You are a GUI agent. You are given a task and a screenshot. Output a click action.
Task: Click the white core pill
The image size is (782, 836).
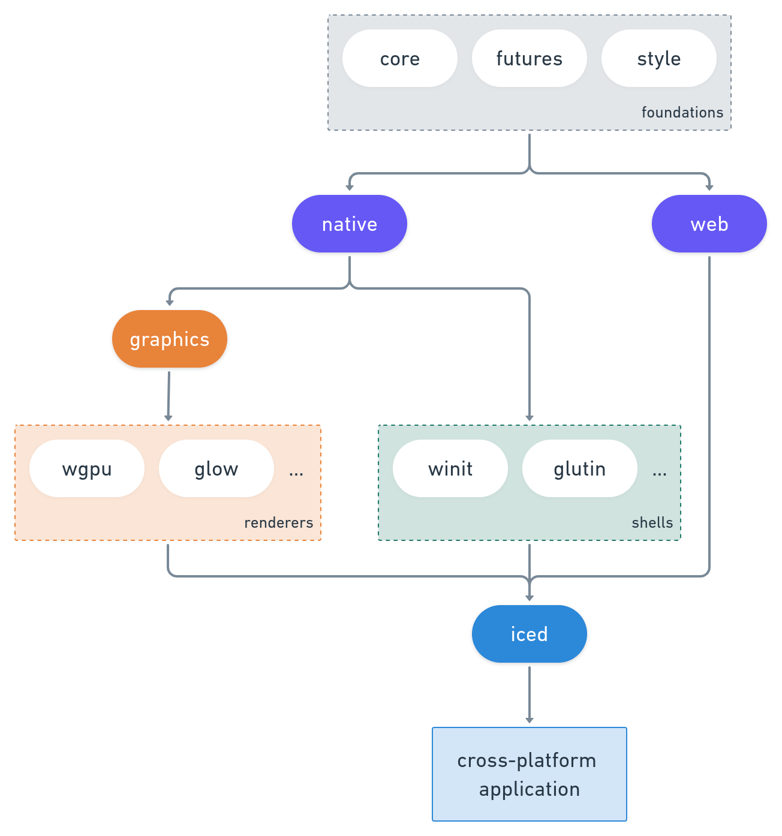pyautogui.click(x=399, y=58)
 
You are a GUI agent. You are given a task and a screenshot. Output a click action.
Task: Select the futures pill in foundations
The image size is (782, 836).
pyautogui.click(x=529, y=58)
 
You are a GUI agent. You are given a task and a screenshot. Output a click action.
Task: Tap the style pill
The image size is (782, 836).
pyautogui.click(x=658, y=58)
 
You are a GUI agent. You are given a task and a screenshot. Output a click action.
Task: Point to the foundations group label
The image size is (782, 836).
pyautogui.click(x=682, y=112)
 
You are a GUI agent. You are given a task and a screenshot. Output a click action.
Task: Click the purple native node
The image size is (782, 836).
pyautogui.click(x=349, y=224)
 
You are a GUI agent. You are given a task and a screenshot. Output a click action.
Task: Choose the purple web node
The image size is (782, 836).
pyautogui.click(x=709, y=224)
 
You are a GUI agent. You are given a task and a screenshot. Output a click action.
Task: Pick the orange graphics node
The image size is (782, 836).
pyautogui.click(x=169, y=339)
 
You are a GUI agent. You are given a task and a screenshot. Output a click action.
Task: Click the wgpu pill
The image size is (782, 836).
pyautogui.click(x=86, y=468)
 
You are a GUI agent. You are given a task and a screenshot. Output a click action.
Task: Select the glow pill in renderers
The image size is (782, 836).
pyautogui.click(x=216, y=468)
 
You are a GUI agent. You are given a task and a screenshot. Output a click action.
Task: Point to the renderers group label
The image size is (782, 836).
pyautogui.click(x=278, y=522)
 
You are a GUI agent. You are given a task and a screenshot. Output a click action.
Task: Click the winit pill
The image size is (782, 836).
pyautogui.click(x=450, y=468)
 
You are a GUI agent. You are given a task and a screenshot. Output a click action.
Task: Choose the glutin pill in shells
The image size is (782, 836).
pyautogui.click(x=579, y=468)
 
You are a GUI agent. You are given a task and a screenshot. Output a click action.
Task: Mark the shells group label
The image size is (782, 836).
pyautogui.click(x=652, y=522)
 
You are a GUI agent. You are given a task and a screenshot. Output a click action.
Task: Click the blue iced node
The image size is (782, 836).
pyautogui.click(x=529, y=634)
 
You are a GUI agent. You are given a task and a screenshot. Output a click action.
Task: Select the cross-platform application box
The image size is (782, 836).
pyautogui.click(x=529, y=774)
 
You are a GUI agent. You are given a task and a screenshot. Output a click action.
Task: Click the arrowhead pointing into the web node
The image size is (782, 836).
pyautogui.click(x=709, y=188)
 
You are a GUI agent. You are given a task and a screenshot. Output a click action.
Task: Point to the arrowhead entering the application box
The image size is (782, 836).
pyautogui.click(x=529, y=720)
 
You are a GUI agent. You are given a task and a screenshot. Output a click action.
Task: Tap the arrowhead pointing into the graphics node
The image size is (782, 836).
pyautogui.click(x=170, y=302)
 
